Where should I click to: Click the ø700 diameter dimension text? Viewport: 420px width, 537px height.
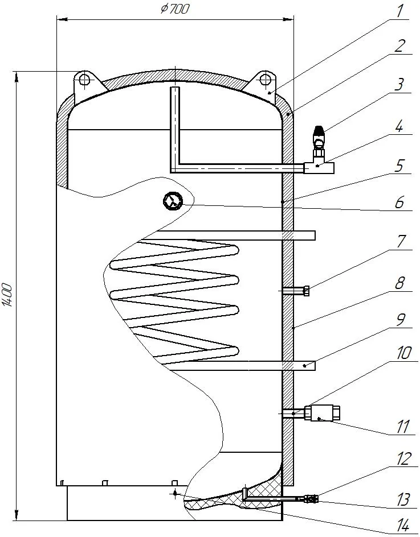click(174, 9)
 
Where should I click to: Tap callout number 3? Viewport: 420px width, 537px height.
click(399, 84)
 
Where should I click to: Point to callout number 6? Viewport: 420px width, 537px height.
click(399, 203)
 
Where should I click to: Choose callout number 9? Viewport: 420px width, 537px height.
click(399, 319)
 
